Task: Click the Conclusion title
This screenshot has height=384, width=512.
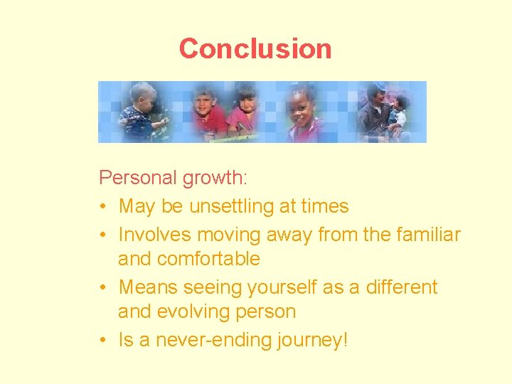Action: click(255, 49)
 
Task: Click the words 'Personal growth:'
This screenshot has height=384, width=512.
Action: click(159, 178)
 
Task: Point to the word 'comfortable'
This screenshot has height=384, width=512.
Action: click(208, 259)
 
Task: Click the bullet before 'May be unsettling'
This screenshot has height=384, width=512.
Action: click(104, 207)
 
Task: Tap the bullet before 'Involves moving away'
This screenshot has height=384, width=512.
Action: click(104, 235)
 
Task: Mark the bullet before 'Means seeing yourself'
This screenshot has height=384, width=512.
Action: click(104, 288)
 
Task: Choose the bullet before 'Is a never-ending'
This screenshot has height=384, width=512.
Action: click(104, 341)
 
